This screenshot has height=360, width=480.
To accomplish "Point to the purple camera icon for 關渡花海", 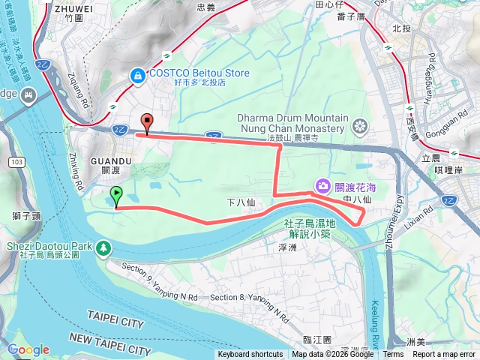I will click(x=322, y=185).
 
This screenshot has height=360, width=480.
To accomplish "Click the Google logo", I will click(x=28, y=349).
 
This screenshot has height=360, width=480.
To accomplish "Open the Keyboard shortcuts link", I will click(x=250, y=355).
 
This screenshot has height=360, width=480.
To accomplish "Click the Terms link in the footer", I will click(x=393, y=355).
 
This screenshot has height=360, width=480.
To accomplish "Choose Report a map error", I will click(x=444, y=355).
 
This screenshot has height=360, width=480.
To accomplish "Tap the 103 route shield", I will click(x=16, y=162).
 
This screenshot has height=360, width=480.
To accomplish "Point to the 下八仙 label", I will click(x=241, y=202).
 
